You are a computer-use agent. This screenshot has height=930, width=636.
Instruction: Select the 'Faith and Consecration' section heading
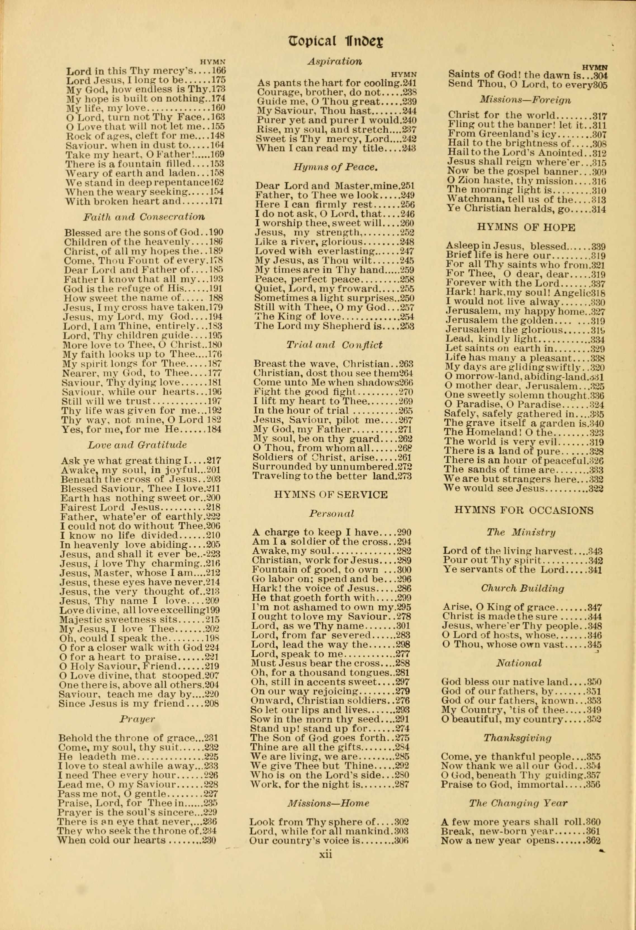tap(144, 217)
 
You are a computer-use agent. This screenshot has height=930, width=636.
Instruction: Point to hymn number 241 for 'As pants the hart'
tap(409, 83)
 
